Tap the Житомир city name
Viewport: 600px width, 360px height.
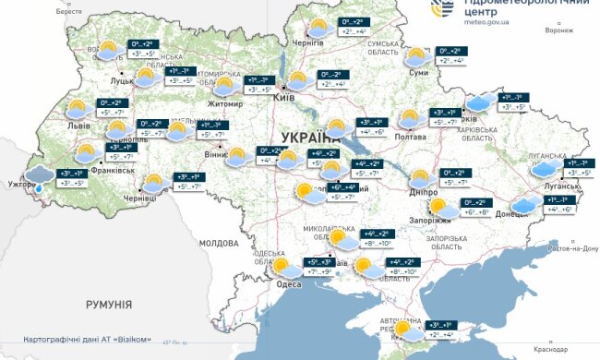coord(224,103)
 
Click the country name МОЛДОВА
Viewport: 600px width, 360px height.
coord(219,243)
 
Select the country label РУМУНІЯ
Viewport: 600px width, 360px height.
coord(109,304)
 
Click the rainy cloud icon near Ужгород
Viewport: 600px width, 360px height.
coord(39,176)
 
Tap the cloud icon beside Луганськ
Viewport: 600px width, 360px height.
coord(544,169)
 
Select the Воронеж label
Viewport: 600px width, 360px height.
coord(558,30)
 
